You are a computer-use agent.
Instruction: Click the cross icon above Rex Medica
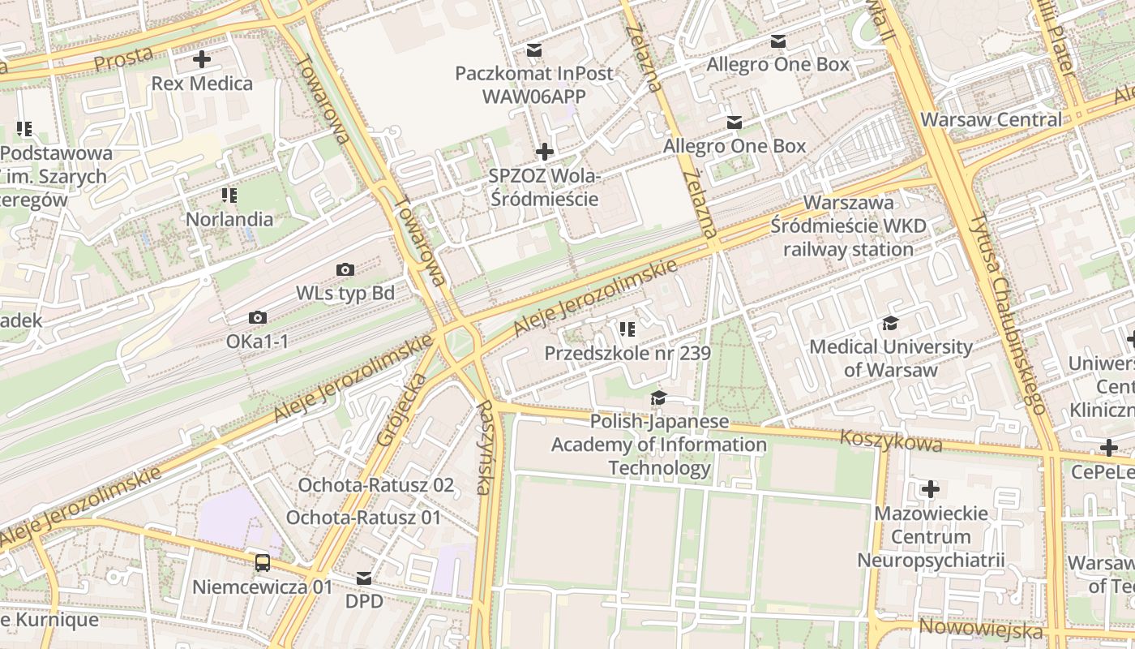click(x=202, y=59)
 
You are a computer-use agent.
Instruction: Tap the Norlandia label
click(x=229, y=218)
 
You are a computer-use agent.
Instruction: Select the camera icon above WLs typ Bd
click(x=345, y=269)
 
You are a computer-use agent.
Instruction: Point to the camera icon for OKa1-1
click(x=258, y=318)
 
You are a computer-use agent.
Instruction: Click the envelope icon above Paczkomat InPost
click(x=533, y=50)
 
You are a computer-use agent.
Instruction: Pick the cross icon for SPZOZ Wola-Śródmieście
click(x=545, y=152)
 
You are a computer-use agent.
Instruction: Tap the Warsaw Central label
click(x=991, y=119)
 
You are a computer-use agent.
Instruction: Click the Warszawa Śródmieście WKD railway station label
click(x=849, y=226)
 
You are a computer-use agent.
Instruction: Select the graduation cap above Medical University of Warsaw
click(x=890, y=324)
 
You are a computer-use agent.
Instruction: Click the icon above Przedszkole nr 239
click(x=627, y=329)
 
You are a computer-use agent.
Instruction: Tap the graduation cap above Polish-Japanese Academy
click(x=658, y=398)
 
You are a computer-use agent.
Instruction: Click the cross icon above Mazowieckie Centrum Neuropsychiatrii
click(x=931, y=489)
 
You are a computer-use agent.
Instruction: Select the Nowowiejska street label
click(x=981, y=629)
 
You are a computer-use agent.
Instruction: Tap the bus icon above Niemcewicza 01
click(x=263, y=562)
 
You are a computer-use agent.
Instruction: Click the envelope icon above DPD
click(x=364, y=578)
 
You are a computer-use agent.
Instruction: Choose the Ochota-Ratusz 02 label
click(x=376, y=485)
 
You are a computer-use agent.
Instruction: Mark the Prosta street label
click(x=123, y=58)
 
